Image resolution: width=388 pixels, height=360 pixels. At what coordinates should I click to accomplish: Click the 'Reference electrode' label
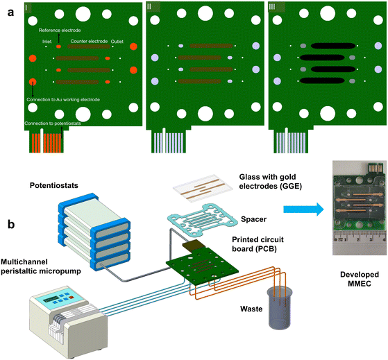pos(60,30)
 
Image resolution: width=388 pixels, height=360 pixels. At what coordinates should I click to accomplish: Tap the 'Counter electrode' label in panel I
pos(89,42)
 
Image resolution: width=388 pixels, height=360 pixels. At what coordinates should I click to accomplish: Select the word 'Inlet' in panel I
pos(47,42)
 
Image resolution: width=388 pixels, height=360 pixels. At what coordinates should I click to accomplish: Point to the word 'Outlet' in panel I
pos(117,42)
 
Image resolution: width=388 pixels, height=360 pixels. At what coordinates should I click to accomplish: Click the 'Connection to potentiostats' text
pos(53,123)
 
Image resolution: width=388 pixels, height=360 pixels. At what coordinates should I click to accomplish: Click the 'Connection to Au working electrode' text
pos(63,100)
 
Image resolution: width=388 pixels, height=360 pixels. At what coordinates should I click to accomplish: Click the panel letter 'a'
pos(10,12)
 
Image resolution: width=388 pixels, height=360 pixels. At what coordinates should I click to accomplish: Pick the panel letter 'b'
pos(11,224)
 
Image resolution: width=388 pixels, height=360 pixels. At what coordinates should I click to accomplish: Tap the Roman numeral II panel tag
pos(149,7)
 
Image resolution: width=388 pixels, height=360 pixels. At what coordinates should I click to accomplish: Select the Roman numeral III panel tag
pos(272,7)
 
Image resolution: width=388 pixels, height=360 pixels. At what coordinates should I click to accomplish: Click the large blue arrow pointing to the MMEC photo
pos(303,209)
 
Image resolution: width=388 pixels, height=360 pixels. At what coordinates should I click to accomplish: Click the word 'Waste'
pos(251,309)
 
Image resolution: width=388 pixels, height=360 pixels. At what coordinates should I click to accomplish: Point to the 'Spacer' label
pos(253,219)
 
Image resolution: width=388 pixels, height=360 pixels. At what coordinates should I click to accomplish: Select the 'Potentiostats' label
pos(54,185)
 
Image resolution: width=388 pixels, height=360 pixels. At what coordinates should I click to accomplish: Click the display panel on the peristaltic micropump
pos(51,300)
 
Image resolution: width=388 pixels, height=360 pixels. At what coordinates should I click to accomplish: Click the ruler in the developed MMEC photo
pos(360,239)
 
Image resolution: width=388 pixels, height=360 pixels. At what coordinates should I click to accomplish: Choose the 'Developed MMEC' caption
pos(360,279)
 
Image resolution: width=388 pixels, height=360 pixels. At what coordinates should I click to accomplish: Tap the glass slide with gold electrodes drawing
pos(203,188)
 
